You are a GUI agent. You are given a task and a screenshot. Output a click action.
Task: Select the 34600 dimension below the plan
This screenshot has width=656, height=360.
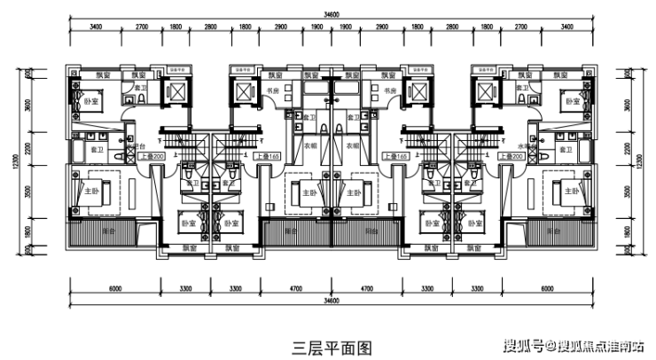pos(332,301)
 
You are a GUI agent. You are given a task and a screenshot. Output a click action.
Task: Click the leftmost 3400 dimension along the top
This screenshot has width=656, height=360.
pos(95,28)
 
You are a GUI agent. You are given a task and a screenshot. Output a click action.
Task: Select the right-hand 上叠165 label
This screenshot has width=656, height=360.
pos(395,156)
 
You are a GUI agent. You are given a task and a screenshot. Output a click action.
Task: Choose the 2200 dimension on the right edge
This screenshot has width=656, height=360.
pos(629,151)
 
